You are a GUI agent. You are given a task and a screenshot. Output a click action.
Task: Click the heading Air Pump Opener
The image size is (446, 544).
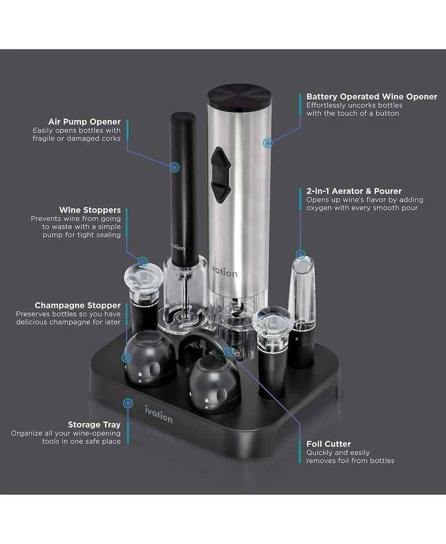click(85, 122)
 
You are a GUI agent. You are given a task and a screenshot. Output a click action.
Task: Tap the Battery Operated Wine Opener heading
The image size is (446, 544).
click(371, 97)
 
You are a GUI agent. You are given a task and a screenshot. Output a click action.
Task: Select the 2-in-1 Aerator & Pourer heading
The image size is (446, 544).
click(354, 191)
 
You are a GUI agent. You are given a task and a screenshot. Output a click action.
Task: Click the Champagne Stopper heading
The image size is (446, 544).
click(77, 305)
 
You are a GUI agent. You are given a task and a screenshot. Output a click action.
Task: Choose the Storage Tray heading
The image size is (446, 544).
click(94, 424)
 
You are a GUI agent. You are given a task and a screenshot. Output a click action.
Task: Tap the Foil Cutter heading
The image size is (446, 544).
click(328, 444)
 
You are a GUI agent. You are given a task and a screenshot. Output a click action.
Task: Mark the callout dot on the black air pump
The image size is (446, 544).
click(174, 166)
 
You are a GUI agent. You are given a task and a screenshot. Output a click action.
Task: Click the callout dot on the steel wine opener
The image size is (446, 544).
click(268, 143)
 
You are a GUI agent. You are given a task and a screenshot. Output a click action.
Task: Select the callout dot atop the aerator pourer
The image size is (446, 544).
click(301, 254)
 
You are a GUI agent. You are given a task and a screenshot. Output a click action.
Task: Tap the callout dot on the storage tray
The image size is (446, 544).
click(128, 402)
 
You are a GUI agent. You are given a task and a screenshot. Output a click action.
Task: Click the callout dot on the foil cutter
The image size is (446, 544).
click(227, 351)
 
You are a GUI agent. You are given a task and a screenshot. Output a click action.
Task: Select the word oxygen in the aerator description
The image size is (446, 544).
click(319, 208)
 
